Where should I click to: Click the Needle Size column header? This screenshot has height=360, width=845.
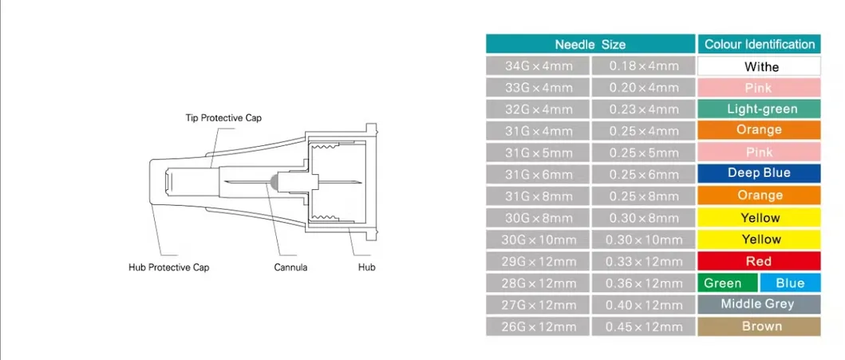click(590, 44)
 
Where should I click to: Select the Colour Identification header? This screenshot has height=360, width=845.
click(760, 44)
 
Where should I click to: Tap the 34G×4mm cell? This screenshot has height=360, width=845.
click(538, 66)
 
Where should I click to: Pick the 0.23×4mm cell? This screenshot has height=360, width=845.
click(643, 109)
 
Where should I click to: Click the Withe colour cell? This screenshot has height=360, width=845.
click(760, 66)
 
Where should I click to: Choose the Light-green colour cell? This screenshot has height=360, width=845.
click(760, 109)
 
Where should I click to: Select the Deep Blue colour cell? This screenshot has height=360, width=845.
click(760, 173)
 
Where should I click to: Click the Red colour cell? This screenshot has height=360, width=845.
click(760, 261)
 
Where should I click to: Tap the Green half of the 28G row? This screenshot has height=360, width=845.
click(726, 283)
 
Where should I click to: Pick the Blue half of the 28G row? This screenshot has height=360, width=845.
click(790, 283)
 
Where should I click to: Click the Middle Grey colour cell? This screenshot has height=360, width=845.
click(760, 304)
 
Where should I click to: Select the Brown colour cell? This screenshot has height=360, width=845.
click(760, 326)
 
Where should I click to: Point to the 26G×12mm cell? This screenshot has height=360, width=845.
click(538, 326)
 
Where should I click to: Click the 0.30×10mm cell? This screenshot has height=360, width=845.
click(643, 239)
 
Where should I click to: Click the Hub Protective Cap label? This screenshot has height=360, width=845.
click(169, 267)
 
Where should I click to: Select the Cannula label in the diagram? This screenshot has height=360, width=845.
click(290, 267)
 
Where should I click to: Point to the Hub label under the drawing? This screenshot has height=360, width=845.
click(366, 267)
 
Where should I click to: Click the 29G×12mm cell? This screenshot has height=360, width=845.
click(538, 261)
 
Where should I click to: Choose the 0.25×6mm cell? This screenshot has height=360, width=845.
click(643, 174)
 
